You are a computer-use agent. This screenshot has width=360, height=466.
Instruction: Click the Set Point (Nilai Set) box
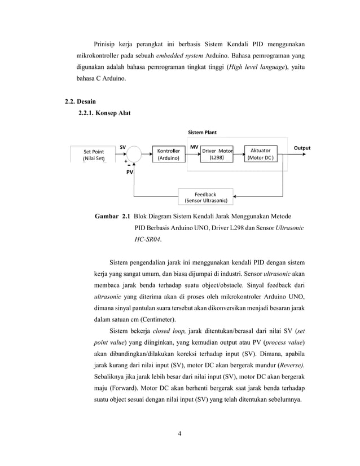click(x=94, y=155)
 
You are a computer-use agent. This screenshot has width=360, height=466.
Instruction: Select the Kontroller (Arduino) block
click(x=168, y=155)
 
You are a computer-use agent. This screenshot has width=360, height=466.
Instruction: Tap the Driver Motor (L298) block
click(x=217, y=155)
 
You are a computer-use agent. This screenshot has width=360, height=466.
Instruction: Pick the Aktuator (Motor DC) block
click(x=260, y=155)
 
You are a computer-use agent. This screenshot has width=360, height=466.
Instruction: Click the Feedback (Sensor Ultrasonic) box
click(x=205, y=197)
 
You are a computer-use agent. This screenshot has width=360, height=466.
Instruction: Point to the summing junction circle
click(x=134, y=153)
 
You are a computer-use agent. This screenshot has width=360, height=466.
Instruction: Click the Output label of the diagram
click(x=302, y=148)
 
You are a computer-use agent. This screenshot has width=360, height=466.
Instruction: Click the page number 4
click(x=179, y=434)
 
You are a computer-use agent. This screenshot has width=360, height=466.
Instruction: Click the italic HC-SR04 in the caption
click(x=147, y=239)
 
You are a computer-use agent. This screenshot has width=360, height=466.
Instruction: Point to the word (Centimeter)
click(x=172, y=319)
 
